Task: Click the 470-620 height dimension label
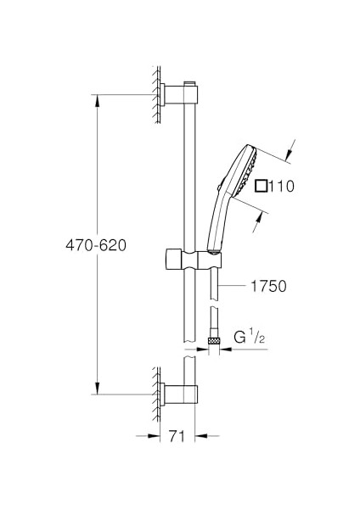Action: [95, 245]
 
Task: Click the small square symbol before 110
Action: [261, 186]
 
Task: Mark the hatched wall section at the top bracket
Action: [157, 92]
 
